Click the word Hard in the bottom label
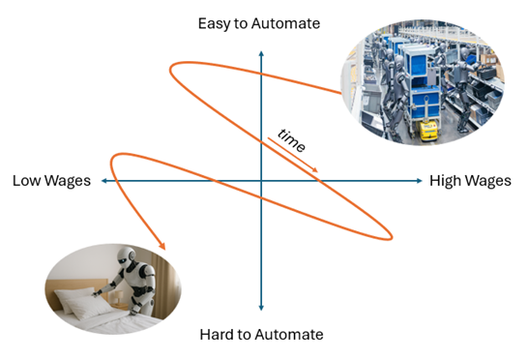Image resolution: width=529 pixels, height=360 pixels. pyautogui.click(x=217, y=335)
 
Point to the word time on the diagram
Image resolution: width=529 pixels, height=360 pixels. pyautogui.click(x=291, y=141)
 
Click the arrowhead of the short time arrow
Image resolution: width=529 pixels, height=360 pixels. pyautogui.click(x=320, y=171)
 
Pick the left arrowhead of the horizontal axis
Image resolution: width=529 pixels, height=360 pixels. pyautogui.click(x=104, y=181)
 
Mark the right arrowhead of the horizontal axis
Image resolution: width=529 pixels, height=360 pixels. pyautogui.click(x=419, y=181)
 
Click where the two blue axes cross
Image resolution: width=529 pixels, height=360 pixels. pyautogui.click(x=261, y=181)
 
